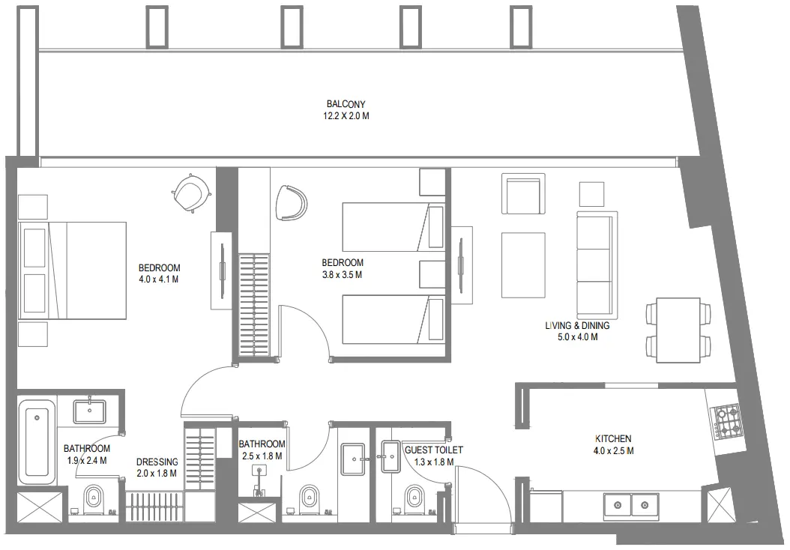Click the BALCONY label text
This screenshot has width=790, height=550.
click(x=346, y=104)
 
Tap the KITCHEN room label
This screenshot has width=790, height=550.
click(x=613, y=438)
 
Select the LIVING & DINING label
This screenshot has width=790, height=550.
click(x=576, y=326)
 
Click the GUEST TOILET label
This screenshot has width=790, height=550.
click(x=433, y=450)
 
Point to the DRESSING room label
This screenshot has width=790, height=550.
click(x=157, y=462)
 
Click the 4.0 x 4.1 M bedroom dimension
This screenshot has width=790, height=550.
click(x=159, y=279)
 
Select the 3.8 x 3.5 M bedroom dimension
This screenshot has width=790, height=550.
click(x=343, y=274)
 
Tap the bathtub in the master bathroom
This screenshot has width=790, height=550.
click(x=36, y=442)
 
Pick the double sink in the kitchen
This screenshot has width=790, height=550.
click(x=631, y=506)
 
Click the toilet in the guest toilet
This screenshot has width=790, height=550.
click(x=413, y=497)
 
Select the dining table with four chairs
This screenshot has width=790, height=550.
click(x=678, y=330)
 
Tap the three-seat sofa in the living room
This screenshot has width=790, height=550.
click(x=597, y=265)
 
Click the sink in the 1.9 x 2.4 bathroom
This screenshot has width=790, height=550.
click(x=89, y=411)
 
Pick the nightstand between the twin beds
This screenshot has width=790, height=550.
click(x=432, y=274)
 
